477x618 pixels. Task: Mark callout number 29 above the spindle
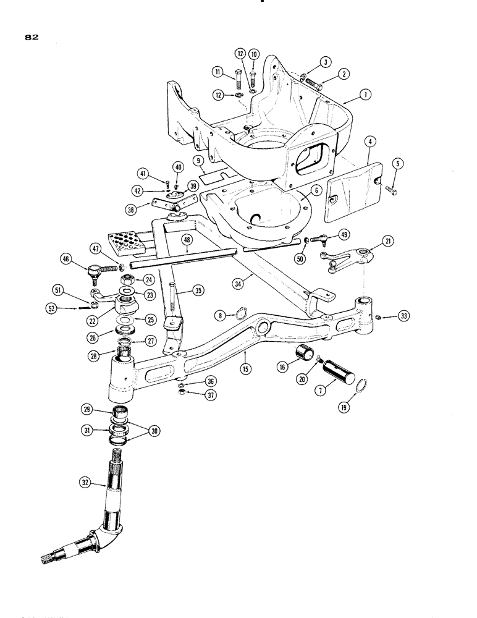(86, 410)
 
